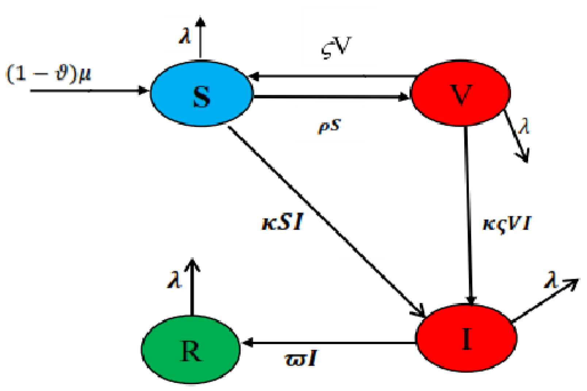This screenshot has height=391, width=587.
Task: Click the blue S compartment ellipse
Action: [202, 94]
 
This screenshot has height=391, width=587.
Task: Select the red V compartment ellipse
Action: [461, 94]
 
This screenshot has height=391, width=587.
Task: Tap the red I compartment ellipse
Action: [466, 338]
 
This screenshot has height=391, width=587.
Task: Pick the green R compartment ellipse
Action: [191, 350]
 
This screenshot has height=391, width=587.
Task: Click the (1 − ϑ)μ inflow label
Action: [49, 74]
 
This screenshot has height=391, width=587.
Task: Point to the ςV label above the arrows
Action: [336, 48]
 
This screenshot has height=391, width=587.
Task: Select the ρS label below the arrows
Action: [328, 126]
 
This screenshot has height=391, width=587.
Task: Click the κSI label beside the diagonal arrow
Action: [282, 222]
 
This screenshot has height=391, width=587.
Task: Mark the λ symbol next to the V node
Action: [524, 126]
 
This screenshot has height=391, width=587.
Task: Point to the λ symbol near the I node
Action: [551, 281]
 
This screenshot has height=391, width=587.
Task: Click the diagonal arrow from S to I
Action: [325, 219]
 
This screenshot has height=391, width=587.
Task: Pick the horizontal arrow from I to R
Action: [329, 343]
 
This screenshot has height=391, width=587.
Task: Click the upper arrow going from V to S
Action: [332, 76]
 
